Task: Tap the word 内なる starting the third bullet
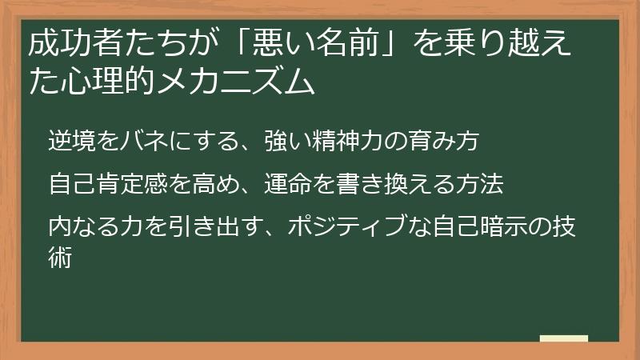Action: click(x=78, y=228)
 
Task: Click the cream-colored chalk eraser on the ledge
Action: click(x=565, y=338)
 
